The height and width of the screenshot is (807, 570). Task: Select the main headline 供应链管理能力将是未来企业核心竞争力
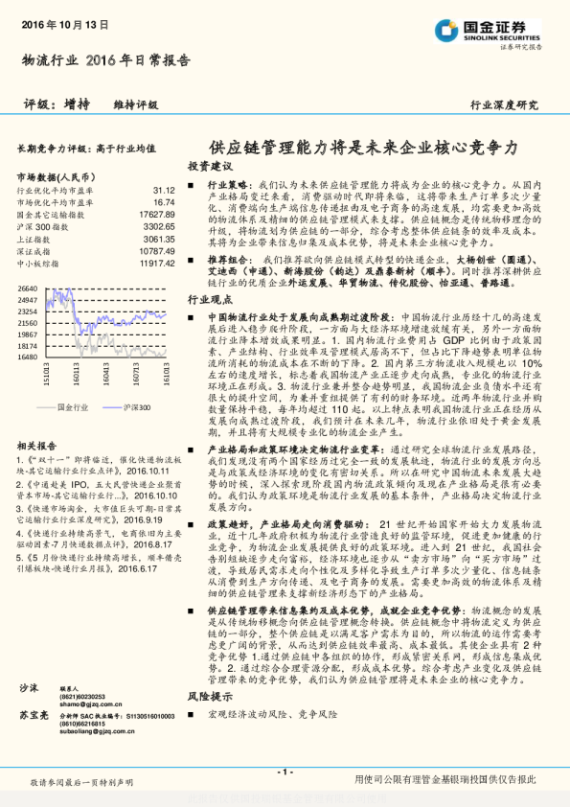click(x=363, y=148)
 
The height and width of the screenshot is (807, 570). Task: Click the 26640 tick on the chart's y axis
click(x=27, y=288)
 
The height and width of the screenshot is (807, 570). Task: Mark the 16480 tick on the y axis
click(x=27, y=357)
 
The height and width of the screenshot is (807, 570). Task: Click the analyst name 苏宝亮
click(x=34, y=715)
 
